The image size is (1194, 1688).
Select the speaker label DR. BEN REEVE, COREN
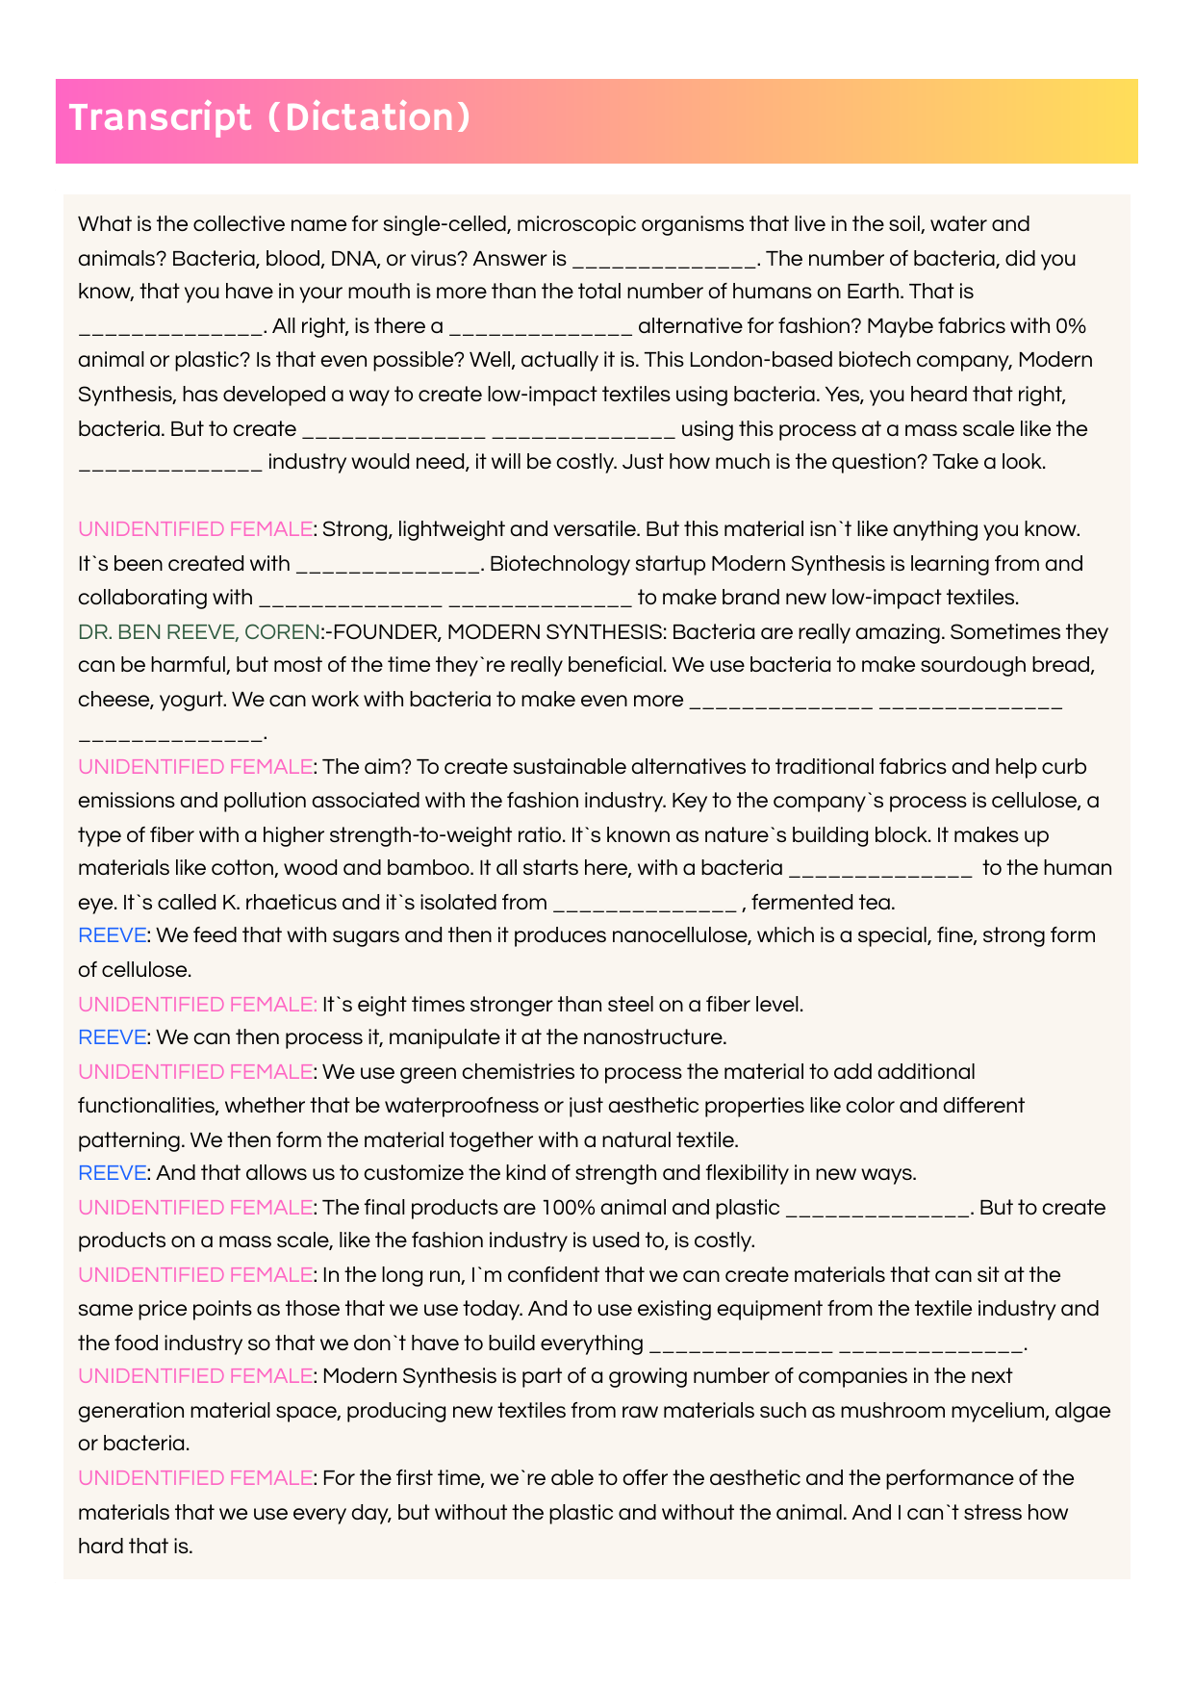pos(198,632)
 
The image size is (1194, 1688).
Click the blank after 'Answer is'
pos(664,260)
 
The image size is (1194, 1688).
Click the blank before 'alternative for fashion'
pos(541,327)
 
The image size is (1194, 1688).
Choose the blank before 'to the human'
pos(880,870)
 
